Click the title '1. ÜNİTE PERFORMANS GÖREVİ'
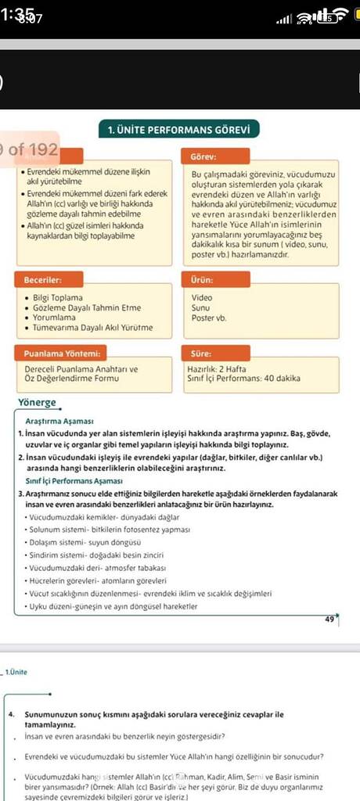179,129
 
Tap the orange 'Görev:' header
203,156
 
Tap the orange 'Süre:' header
202,354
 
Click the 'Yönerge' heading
36,403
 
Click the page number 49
329,619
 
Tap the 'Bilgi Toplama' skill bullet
58,298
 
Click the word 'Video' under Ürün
202,298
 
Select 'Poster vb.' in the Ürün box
208,318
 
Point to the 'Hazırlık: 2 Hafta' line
218,368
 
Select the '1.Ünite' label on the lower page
16,672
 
